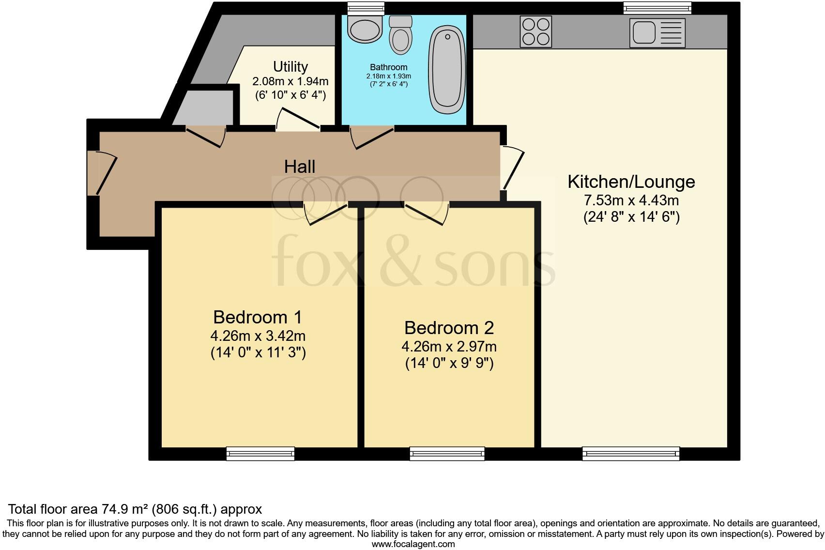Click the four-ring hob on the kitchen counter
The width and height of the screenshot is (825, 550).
point(535,31)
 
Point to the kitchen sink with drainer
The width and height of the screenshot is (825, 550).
point(657,33)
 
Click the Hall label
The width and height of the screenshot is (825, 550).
point(300,167)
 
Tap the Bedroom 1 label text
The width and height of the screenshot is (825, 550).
point(257,317)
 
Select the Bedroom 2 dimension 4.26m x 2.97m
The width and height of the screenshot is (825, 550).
point(449,347)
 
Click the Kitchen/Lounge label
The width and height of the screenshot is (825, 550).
point(631,182)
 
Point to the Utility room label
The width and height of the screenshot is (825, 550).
point(290,66)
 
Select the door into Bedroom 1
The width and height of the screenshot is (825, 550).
point(327,213)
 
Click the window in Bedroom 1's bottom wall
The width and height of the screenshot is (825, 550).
point(260,453)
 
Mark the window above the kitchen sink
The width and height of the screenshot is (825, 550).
point(657,8)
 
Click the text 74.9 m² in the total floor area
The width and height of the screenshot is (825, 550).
point(124,509)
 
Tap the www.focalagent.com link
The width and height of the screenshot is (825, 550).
point(412,544)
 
